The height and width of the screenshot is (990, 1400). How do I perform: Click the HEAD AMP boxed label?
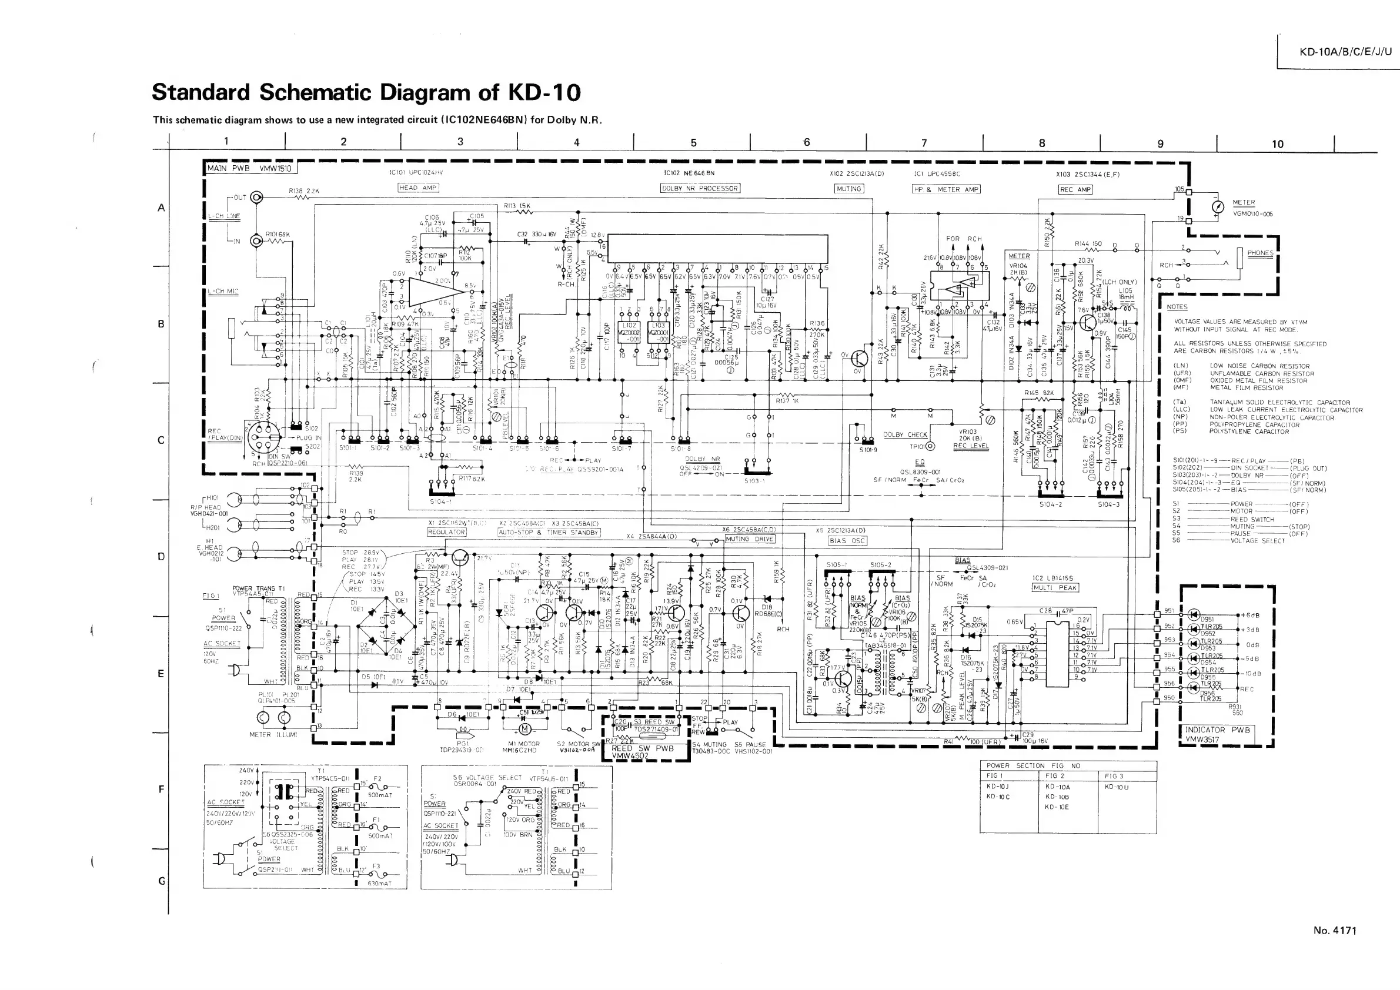(417, 188)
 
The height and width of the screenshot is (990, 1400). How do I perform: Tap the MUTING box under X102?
(849, 189)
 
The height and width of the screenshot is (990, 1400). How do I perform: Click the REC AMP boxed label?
(1075, 189)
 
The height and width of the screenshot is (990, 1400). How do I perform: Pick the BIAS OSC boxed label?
(847, 541)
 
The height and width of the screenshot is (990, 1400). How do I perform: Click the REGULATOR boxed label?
(446, 532)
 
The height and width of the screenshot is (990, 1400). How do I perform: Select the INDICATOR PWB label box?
(1217, 735)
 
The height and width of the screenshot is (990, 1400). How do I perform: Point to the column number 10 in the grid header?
(1278, 144)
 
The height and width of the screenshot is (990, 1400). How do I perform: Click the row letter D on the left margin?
(161, 556)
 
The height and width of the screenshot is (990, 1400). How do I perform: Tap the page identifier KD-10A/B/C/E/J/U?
(1346, 51)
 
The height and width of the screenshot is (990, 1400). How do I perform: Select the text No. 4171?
(1335, 930)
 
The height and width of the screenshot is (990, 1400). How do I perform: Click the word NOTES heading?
(1177, 307)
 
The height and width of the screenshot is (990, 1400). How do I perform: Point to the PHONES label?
(1259, 253)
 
